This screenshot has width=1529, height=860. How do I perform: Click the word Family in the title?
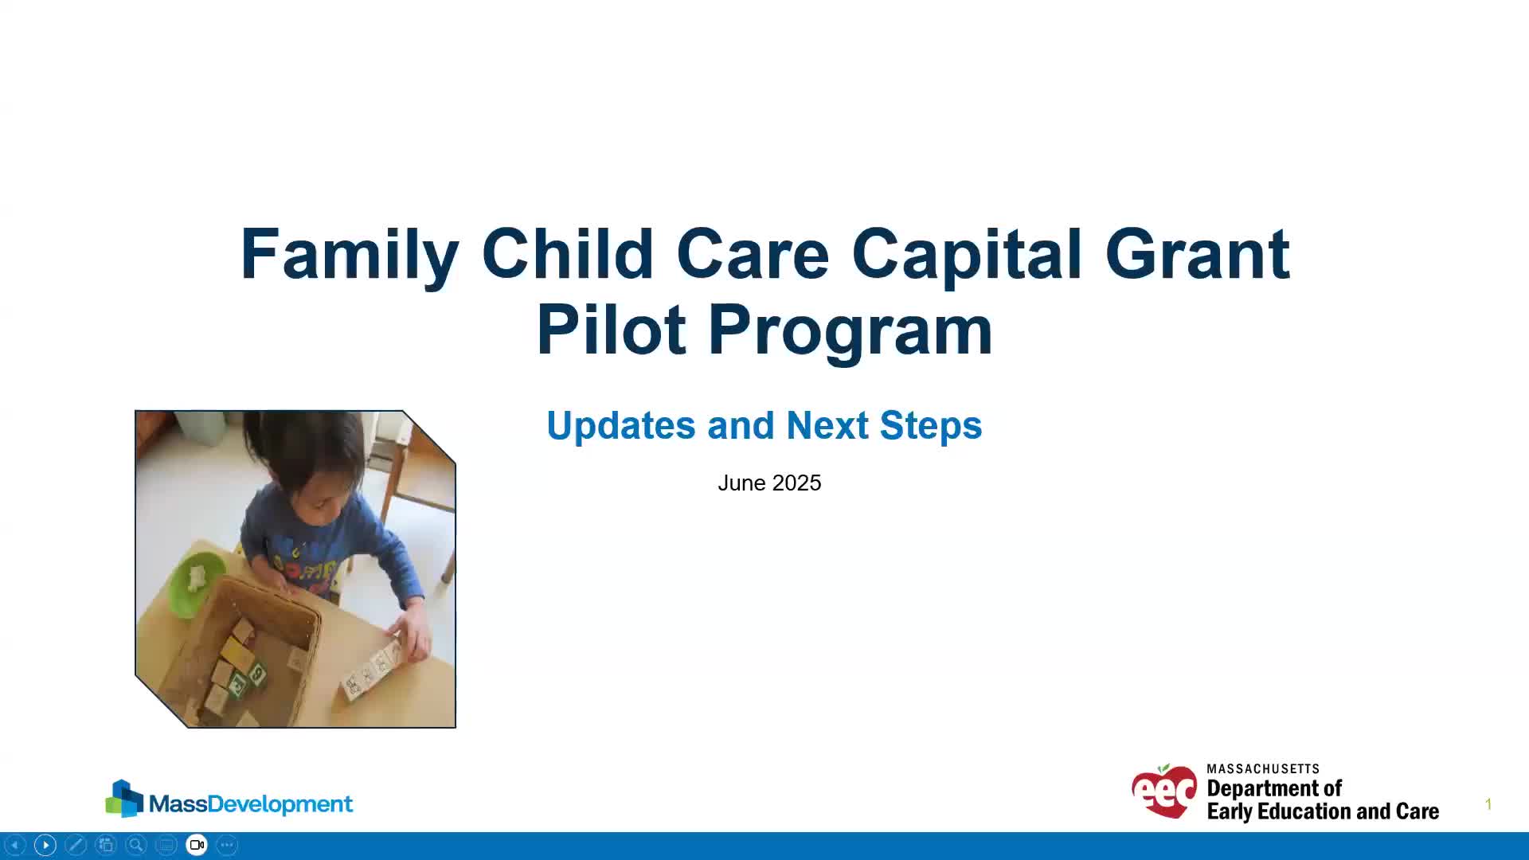tap(350, 256)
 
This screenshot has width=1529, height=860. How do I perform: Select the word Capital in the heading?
tap(967, 256)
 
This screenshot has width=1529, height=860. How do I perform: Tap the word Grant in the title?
tap(1197, 254)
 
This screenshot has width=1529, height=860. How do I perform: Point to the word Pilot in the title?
tap(611, 330)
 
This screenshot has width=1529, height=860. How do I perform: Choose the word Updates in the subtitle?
tap(621, 427)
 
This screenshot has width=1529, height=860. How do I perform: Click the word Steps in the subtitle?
tap(931, 427)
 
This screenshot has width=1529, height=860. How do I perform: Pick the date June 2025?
tap(769, 483)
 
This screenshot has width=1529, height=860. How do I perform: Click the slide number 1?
tap(1488, 805)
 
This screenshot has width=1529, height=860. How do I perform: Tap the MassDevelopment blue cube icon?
tap(124, 799)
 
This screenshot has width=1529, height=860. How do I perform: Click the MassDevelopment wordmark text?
tap(251, 804)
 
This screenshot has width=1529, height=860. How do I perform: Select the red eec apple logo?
tap(1164, 791)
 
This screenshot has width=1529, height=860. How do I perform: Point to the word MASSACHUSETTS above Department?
tap(1263, 769)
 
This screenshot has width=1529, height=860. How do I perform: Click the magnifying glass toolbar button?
tap(136, 845)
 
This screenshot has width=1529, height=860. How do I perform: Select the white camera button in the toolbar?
tap(197, 845)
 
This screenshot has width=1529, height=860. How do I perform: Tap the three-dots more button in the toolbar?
tap(227, 845)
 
